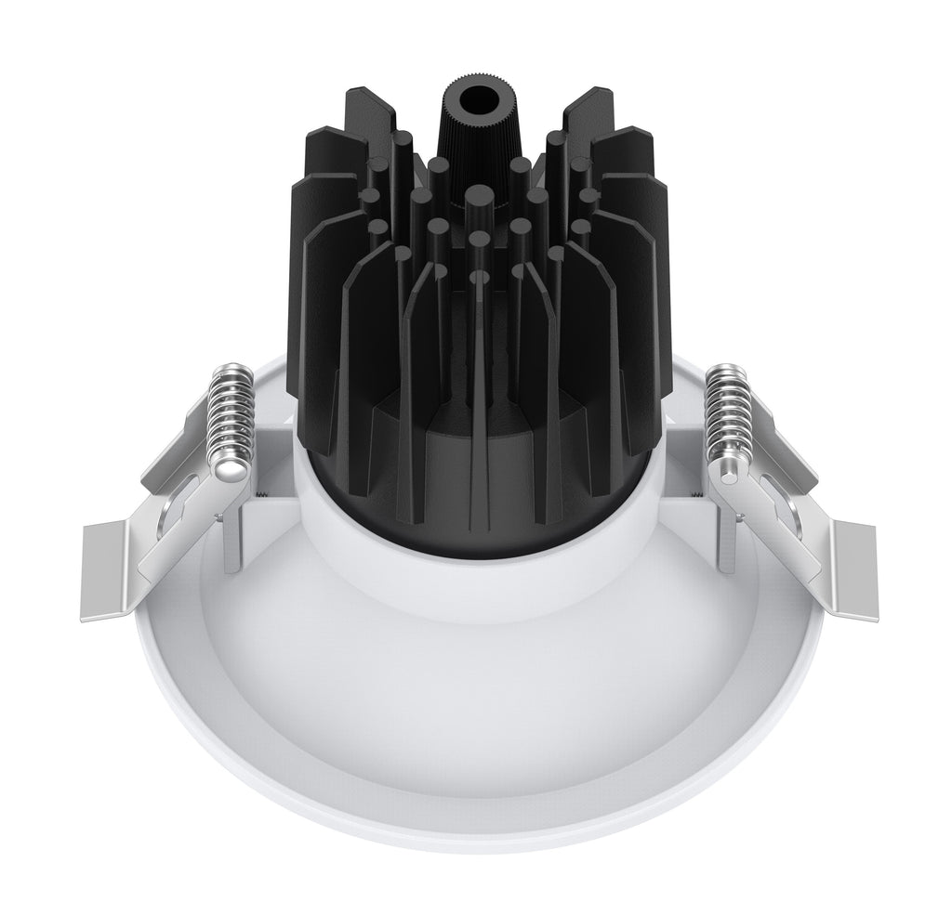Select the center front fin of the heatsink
(479, 390)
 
